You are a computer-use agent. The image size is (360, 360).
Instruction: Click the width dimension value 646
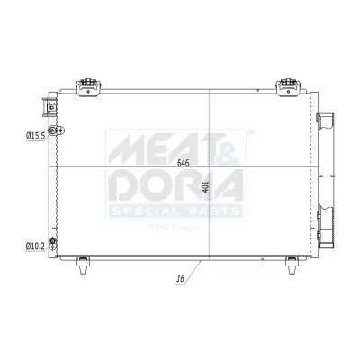tap(184, 163)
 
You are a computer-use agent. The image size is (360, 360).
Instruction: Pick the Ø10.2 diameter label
tap(36, 244)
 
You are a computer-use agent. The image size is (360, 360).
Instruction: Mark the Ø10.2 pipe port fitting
tap(53, 243)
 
